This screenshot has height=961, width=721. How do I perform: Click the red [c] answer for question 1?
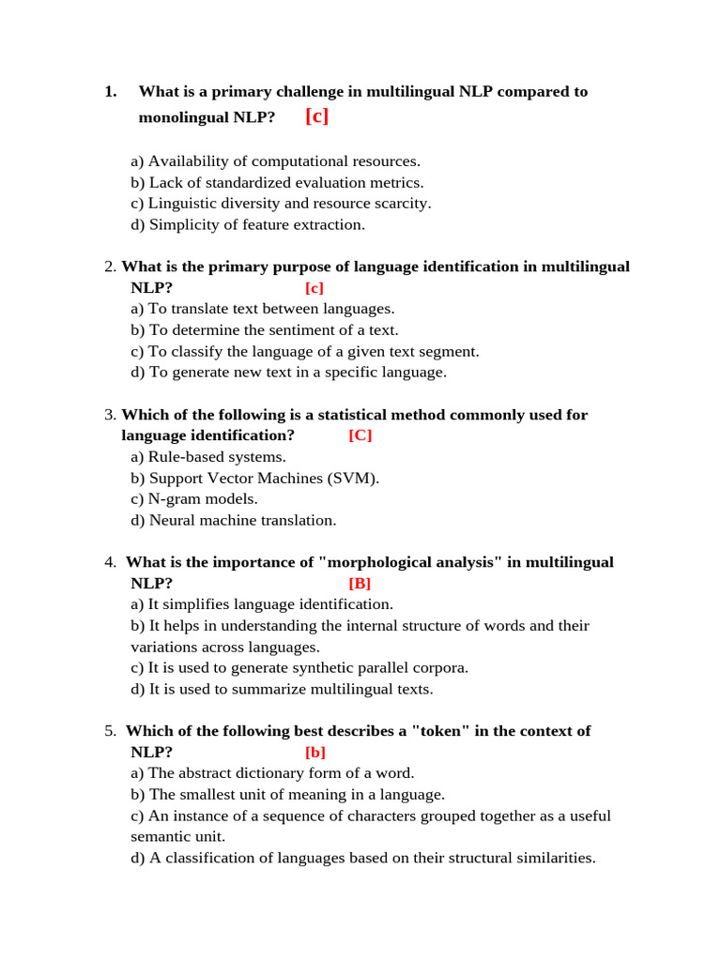tap(316, 116)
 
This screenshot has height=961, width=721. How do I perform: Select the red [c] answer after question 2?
tap(314, 288)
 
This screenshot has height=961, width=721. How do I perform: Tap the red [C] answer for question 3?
tap(360, 435)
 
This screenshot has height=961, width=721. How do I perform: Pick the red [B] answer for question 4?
tap(360, 583)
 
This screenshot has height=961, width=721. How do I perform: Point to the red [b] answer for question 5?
tap(314, 752)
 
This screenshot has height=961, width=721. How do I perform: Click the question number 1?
tap(110, 91)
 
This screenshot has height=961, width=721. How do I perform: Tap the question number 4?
tap(110, 562)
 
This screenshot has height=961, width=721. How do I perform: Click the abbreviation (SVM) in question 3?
tap(353, 479)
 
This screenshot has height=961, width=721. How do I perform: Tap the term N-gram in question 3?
tap(176, 499)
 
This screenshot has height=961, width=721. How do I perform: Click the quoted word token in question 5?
tap(440, 731)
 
